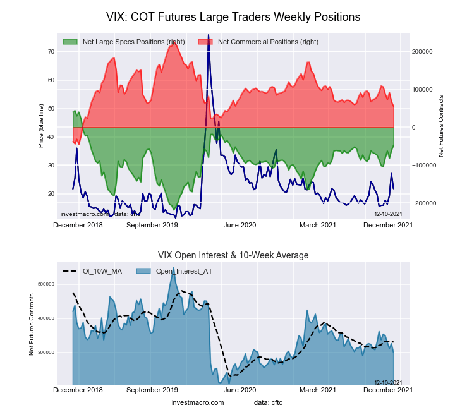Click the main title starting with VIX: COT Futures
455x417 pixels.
pyautogui.click(x=233, y=17)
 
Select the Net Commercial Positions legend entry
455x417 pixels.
pyautogui.click(x=267, y=42)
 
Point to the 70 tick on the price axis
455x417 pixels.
pyautogui.click(x=51, y=51)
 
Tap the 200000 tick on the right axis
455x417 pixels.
pyautogui.click(x=422, y=51)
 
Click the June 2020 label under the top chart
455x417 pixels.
pyautogui.click(x=240, y=224)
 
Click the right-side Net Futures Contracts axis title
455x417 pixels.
pyautogui.click(x=441, y=126)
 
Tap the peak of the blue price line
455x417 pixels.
pyautogui.click(x=209, y=54)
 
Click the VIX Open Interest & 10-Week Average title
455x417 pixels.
pyautogui.click(x=233, y=255)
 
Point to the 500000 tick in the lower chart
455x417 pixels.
pyautogui.click(x=47, y=284)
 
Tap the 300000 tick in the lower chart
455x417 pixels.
pyautogui.click(x=47, y=352)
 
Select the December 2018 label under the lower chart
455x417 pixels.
pyautogui.click(x=77, y=390)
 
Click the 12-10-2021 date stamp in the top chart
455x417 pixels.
pyautogui.click(x=388, y=214)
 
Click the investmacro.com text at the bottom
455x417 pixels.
pyautogui.click(x=198, y=402)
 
